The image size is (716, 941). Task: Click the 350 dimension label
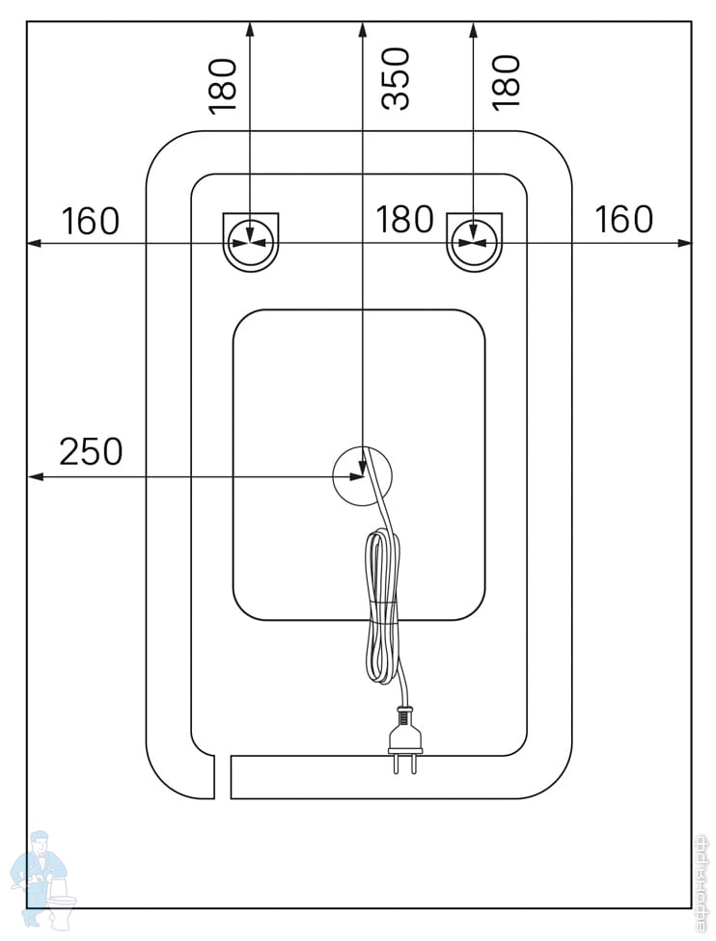click(x=396, y=79)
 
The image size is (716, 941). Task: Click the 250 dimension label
click(x=91, y=451)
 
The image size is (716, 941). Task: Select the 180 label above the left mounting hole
click(x=222, y=85)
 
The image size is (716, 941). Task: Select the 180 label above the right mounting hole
click(x=505, y=80)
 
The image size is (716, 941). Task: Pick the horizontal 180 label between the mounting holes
click(x=404, y=220)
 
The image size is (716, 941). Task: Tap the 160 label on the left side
click(x=91, y=221)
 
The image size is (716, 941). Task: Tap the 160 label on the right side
click(x=623, y=220)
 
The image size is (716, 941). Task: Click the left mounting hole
click(x=251, y=240)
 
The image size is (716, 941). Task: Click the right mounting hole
click(x=474, y=240)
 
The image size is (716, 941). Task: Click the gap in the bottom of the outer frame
click(x=222, y=777)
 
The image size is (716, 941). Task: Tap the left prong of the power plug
click(x=397, y=764)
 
